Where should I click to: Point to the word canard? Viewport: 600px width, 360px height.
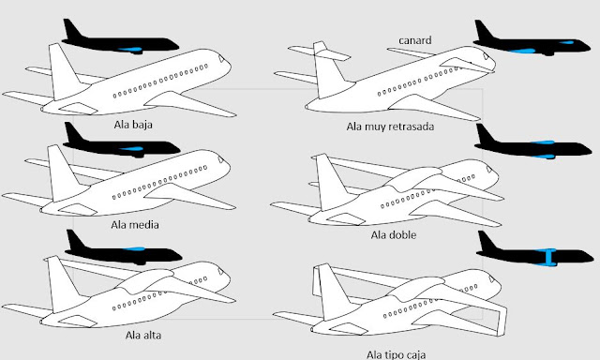(x=413, y=39)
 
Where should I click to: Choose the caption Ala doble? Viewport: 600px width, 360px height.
(x=394, y=233)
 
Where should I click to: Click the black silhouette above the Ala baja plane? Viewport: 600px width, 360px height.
(x=117, y=38)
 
